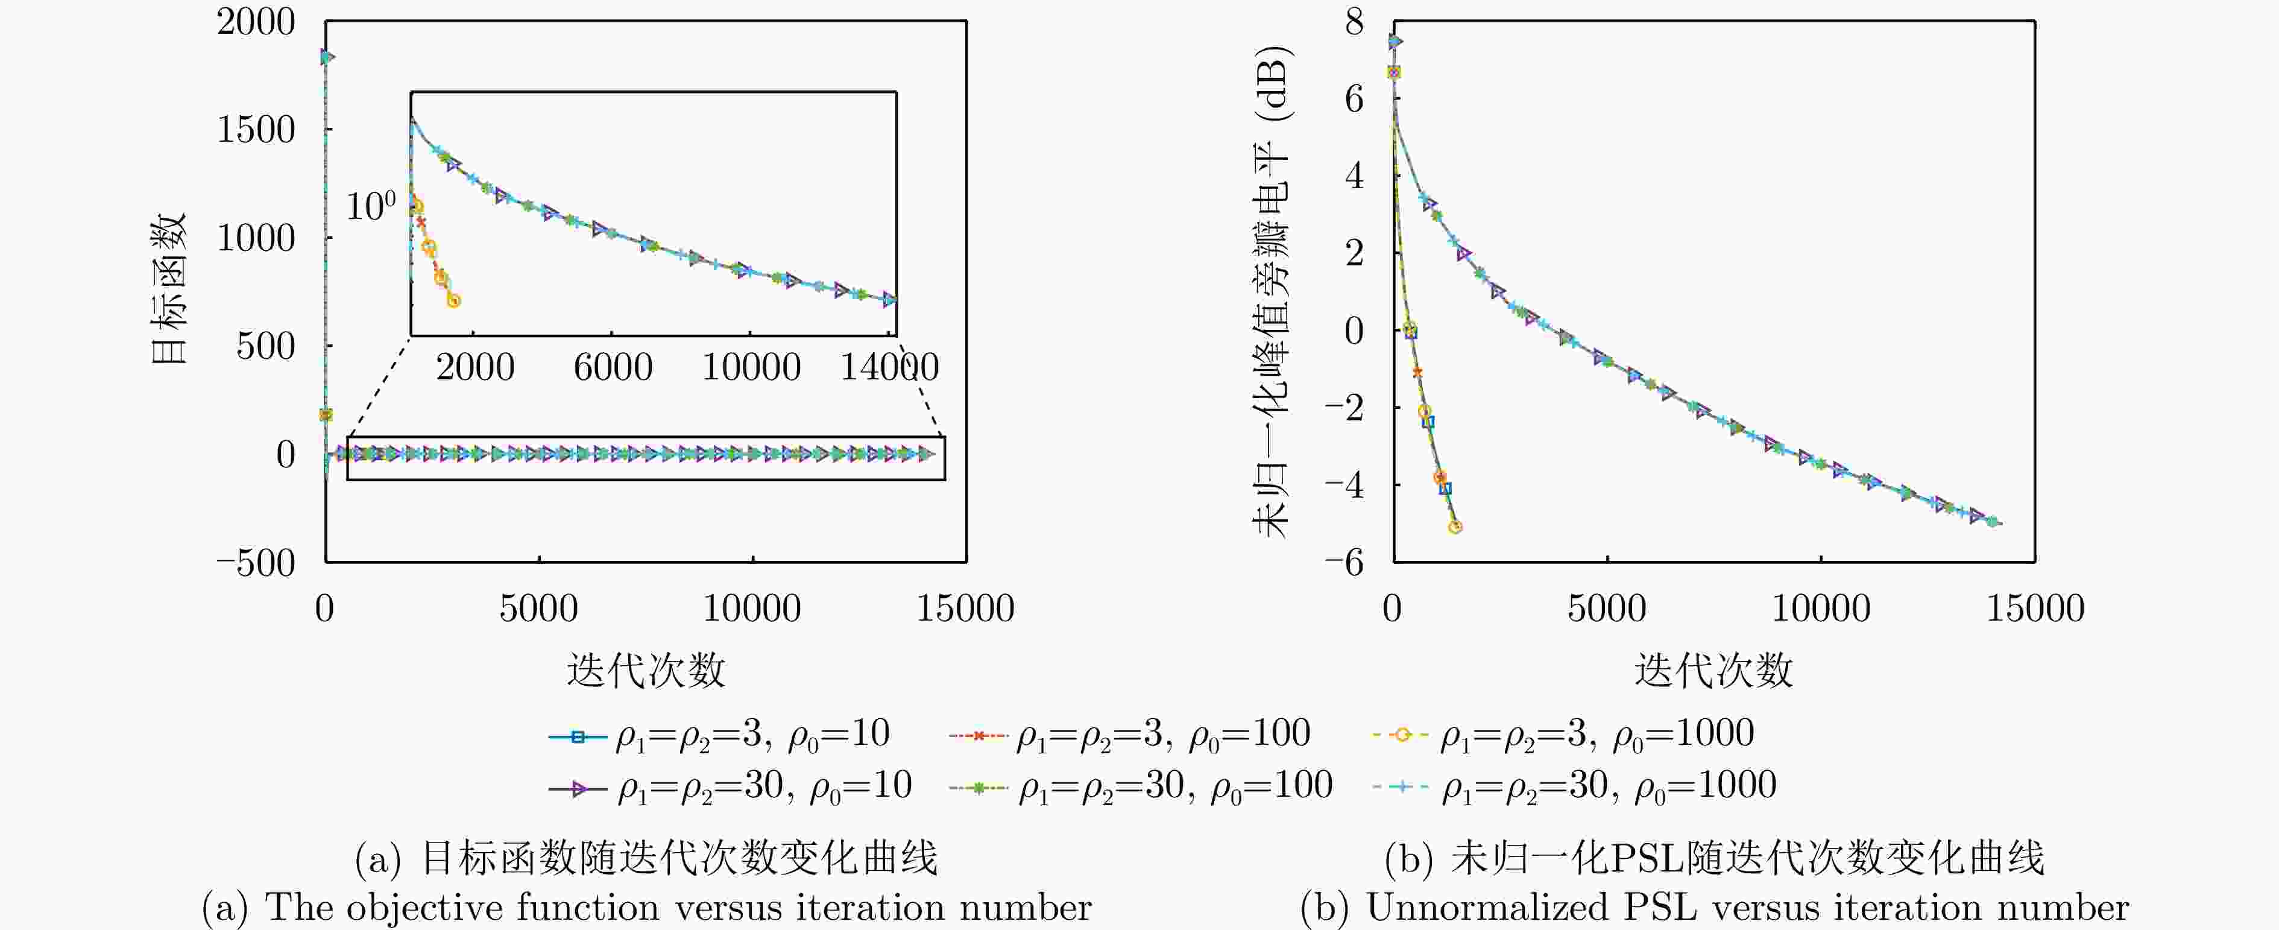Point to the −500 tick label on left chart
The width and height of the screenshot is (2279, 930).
[x=256, y=563]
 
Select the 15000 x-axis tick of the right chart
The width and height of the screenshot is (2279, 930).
[x=2035, y=609]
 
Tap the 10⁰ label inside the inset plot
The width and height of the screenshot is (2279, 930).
[x=370, y=207]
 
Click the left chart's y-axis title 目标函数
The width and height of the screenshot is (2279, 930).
[x=169, y=288]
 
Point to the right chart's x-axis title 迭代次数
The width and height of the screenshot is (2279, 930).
[x=1713, y=671]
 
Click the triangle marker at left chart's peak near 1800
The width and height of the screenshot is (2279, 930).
[x=326, y=57]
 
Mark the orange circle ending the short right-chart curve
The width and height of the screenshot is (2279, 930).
[x=1454, y=527]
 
